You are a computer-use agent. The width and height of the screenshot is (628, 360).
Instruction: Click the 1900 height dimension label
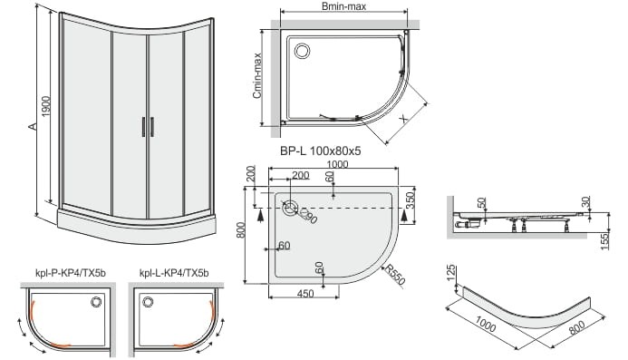coord(46,107)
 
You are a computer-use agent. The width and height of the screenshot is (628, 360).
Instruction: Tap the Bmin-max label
coord(343,6)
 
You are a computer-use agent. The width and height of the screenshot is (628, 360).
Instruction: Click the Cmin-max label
coord(257,75)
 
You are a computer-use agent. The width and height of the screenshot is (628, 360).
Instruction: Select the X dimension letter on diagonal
coord(404,119)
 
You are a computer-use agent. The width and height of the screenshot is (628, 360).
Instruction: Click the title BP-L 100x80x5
coord(321,151)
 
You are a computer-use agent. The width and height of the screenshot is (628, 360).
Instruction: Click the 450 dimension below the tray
coord(305,294)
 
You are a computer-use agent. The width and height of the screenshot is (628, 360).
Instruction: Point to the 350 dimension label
coord(411,200)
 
